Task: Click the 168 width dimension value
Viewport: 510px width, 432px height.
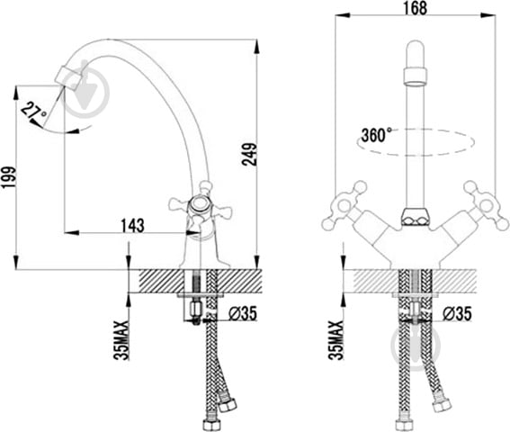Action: click(415, 8)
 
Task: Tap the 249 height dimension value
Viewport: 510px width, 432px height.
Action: click(250, 154)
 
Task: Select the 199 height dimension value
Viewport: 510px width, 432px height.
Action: click(8, 177)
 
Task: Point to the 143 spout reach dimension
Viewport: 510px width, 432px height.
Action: click(133, 225)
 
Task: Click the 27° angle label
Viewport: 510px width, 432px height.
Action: click(34, 110)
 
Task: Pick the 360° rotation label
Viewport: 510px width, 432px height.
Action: click(376, 135)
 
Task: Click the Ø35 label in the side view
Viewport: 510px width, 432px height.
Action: click(243, 313)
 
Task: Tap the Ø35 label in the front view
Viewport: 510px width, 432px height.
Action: click(457, 314)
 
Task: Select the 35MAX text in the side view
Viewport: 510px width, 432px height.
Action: click(121, 340)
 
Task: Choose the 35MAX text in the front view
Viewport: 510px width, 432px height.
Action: click(336, 340)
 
